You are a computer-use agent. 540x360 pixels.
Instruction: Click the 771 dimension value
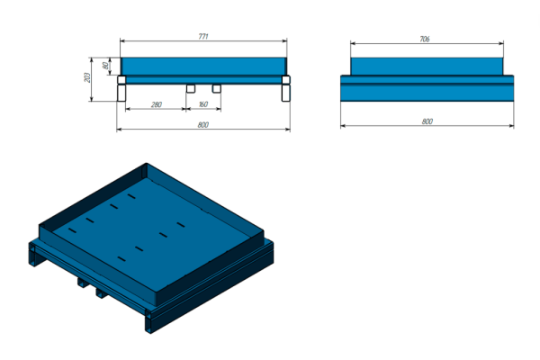coord(203,36)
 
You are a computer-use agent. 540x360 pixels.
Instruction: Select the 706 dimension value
coord(425,40)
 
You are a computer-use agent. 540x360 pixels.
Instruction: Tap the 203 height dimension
coord(87,77)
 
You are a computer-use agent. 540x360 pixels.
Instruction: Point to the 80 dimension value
coord(105,65)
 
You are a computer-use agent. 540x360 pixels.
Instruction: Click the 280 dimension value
coord(156,104)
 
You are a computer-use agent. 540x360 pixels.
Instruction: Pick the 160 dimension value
coord(203,104)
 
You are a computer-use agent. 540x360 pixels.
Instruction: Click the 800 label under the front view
coord(202,125)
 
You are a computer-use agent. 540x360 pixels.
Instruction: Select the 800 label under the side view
coord(427,121)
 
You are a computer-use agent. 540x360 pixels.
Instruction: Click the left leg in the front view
coord(121,93)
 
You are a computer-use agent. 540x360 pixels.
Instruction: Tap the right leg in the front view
coord(286,93)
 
